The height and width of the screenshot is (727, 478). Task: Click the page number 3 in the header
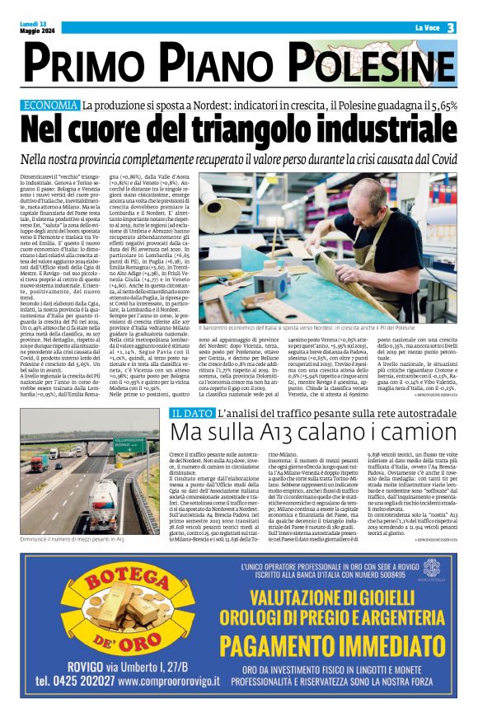(x=451, y=28)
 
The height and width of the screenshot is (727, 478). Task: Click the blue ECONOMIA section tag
(x=73, y=106)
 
